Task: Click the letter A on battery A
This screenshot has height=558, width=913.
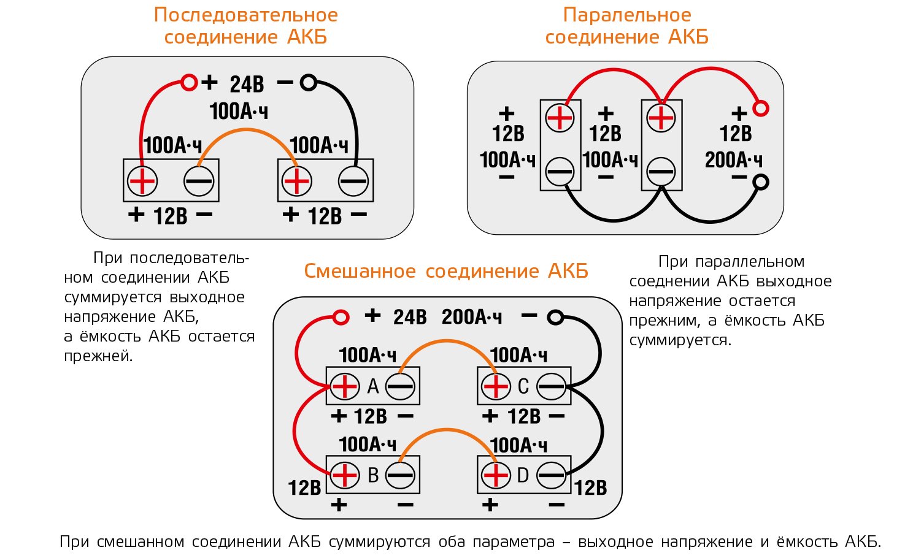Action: point(373,386)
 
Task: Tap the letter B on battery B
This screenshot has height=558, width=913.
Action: point(373,475)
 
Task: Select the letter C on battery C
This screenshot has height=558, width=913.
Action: point(523,386)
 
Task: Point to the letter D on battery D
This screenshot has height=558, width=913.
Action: point(523,475)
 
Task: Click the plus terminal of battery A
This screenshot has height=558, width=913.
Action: point(344,386)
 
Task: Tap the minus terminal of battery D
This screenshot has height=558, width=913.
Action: point(551,475)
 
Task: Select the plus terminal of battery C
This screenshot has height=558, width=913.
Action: point(496,386)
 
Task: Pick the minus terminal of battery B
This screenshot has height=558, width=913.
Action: point(400,475)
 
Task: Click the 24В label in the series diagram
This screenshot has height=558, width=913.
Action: point(247,84)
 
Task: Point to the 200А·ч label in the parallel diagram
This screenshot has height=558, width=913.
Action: point(734,160)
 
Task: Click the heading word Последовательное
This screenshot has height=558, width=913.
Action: point(245,15)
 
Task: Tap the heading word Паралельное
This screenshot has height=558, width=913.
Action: point(627,15)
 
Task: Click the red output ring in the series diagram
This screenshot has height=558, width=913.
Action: point(190,82)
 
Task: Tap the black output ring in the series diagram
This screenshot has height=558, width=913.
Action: point(309,82)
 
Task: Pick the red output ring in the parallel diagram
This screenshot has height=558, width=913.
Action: point(761,109)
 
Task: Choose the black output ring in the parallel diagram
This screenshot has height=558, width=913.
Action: point(761,182)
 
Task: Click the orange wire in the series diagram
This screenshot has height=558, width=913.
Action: point(247,131)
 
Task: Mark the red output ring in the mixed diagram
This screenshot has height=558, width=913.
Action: point(341,317)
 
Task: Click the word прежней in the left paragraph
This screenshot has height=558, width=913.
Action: point(98,356)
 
